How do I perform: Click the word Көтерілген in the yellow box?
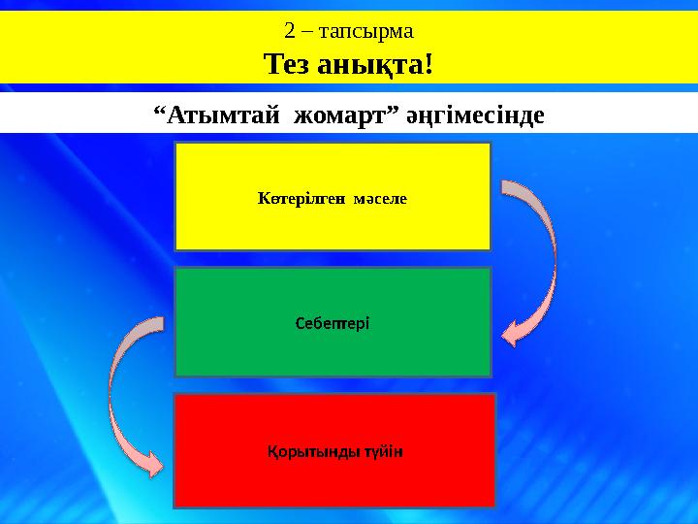click(x=295, y=198)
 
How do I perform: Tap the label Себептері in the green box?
click(x=333, y=322)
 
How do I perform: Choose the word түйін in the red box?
click(x=381, y=451)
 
